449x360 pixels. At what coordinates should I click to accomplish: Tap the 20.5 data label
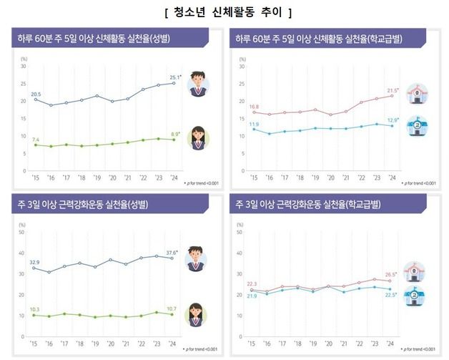(36, 94)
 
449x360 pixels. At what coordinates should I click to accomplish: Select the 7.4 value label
(36, 139)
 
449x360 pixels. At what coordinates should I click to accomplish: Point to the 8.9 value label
(175, 134)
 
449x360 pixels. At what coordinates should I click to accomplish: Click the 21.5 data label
(393, 90)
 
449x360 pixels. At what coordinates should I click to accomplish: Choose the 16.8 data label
(254, 106)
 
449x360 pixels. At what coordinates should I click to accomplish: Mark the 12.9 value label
(393, 120)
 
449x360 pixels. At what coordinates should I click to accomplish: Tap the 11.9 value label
(254, 125)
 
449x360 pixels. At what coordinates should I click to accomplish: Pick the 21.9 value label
(252, 295)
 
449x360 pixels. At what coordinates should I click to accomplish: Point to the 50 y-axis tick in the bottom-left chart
(22, 232)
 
